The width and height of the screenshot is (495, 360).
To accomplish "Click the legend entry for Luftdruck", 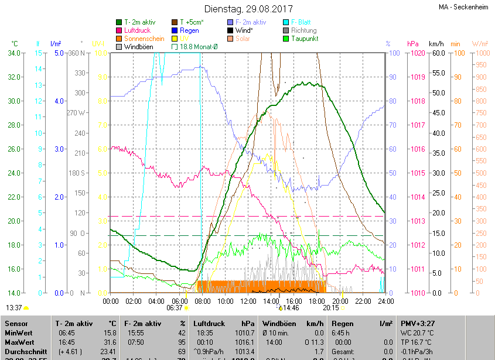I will pos(137,30).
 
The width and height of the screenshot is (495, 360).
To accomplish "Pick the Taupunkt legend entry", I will pos(305,39).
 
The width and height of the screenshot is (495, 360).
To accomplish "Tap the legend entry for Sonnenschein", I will pos(143,39).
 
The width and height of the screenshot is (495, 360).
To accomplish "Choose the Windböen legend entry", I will pos(138,47).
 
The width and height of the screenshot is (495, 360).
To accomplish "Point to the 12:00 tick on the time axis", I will pos(248,301).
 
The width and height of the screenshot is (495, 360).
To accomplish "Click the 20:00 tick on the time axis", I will pos(339,301).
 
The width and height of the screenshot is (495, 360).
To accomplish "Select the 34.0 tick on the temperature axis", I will pos(13,53).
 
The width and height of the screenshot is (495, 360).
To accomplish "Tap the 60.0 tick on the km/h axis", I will pos(436,53).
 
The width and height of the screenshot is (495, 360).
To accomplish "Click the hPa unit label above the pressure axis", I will pos(413,44).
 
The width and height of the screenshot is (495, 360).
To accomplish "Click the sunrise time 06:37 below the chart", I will pos(175,307).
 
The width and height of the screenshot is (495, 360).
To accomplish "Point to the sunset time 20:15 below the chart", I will pos(331,307).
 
